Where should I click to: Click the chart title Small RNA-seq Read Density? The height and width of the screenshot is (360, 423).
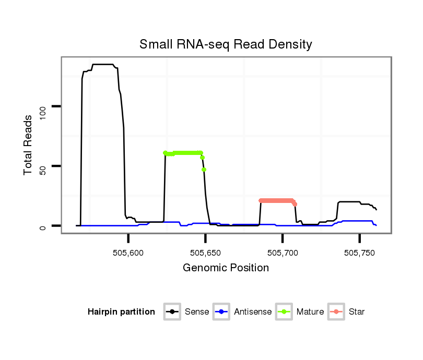point(226,44)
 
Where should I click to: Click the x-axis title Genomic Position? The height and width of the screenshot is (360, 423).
point(226,268)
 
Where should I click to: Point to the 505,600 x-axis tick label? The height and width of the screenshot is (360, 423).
point(128,253)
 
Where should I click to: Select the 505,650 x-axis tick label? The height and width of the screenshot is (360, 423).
point(206,253)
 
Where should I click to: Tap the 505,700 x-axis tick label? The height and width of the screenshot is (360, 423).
point(283,253)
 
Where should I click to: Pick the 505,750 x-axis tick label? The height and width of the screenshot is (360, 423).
point(360,253)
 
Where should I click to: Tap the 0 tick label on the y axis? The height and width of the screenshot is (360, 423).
point(44,226)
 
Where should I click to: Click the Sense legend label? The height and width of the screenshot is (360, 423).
point(197,312)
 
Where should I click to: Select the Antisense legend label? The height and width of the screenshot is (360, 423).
point(253,312)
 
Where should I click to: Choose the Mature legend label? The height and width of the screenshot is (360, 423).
point(310,312)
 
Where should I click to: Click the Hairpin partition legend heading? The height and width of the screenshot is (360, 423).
point(121,312)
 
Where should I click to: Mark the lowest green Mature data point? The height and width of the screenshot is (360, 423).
point(204,170)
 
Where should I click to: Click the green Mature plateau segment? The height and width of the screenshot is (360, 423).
point(185,153)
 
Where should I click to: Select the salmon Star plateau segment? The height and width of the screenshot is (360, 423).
point(277,200)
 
